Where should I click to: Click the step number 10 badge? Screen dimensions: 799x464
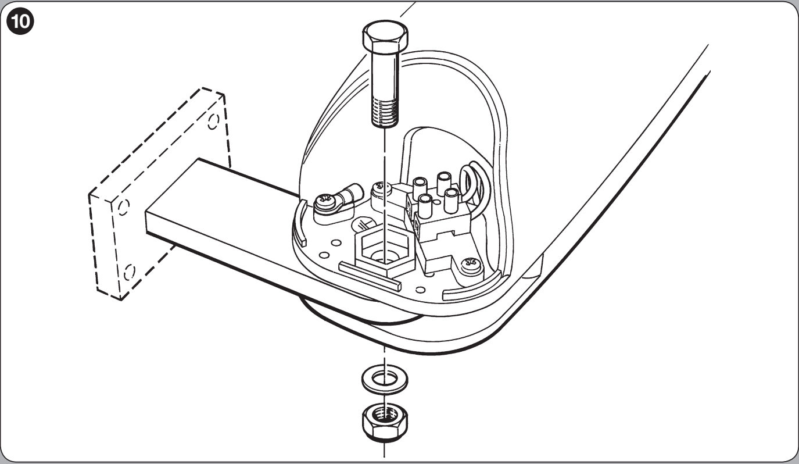[x=20, y=22]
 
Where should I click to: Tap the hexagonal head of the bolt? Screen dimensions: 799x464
[x=385, y=37]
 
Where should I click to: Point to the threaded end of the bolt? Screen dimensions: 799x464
[x=385, y=112]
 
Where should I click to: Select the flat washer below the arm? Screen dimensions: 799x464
[x=385, y=380]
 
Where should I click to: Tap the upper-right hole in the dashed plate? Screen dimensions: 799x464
[x=213, y=122]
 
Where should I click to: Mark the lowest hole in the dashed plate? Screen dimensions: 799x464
[x=129, y=273]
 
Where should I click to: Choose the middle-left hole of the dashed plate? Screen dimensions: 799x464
[x=123, y=208]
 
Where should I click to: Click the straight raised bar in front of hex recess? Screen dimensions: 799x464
[x=370, y=275]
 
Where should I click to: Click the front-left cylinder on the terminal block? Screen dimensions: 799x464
[x=424, y=206]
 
